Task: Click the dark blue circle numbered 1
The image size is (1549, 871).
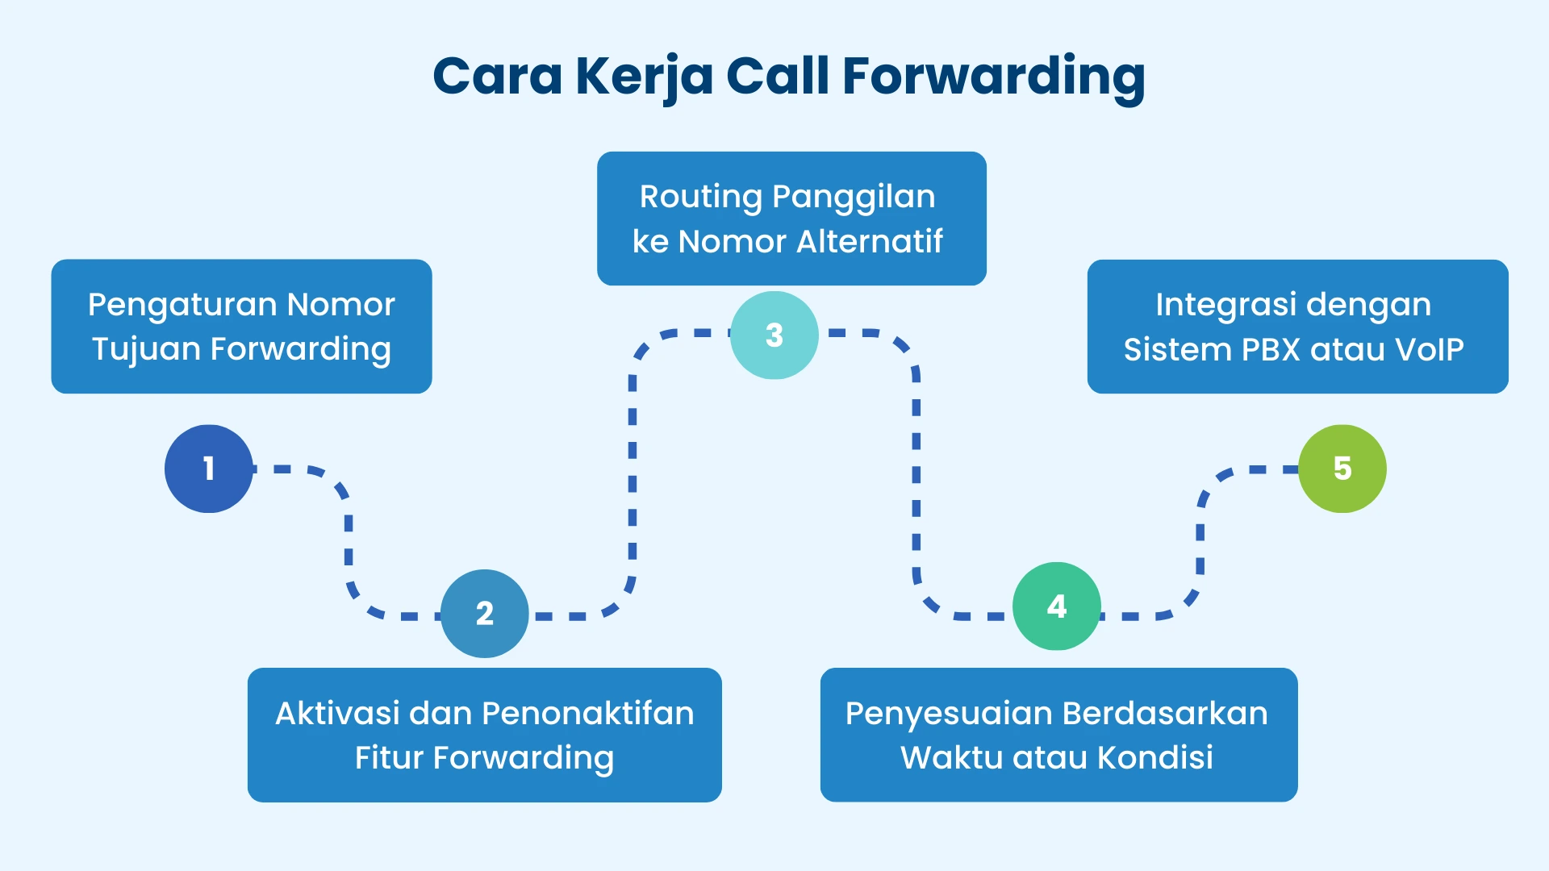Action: coord(209,469)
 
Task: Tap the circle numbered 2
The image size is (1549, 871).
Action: coord(484,614)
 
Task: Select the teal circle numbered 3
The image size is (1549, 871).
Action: coord(774,335)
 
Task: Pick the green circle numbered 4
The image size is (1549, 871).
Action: coord(1056,606)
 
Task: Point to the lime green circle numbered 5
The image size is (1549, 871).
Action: coord(1342,469)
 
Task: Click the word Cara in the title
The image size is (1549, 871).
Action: coord(497,77)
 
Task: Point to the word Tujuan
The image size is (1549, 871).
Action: coord(145,350)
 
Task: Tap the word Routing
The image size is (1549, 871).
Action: coord(700,198)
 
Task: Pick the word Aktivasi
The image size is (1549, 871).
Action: coord(337,714)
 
